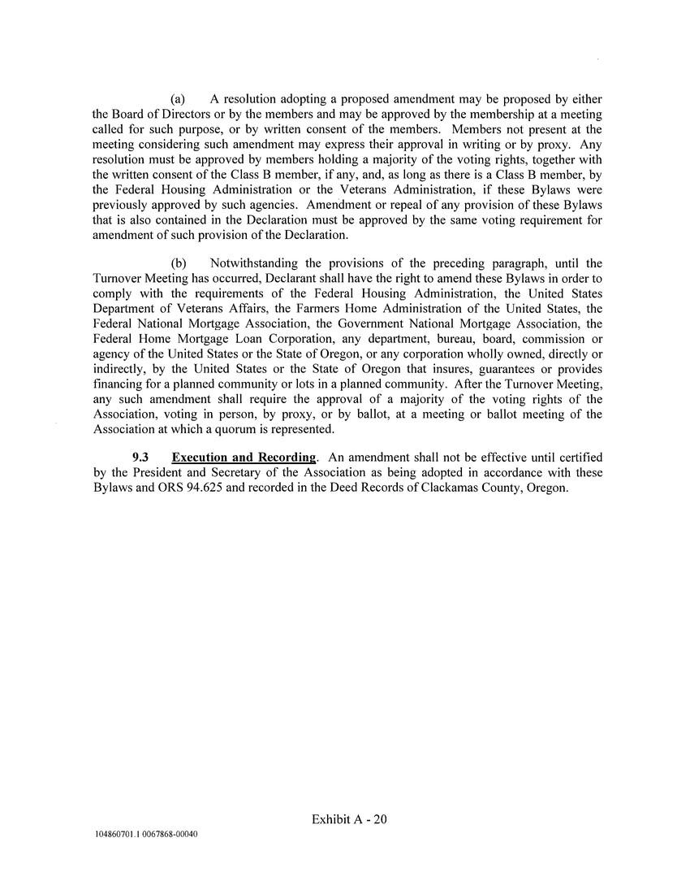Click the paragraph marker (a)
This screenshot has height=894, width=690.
[179, 99]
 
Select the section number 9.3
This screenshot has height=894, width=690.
[142, 457]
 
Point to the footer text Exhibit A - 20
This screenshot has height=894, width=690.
[349, 819]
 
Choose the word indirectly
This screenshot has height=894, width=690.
[120, 367]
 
